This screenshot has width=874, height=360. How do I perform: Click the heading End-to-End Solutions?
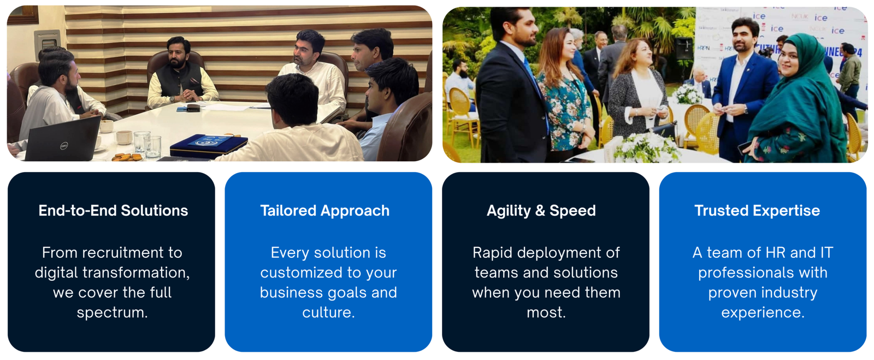click(x=113, y=211)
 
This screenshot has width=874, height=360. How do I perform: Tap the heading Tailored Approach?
click(x=325, y=211)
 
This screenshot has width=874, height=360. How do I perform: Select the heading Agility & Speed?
click(x=541, y=211)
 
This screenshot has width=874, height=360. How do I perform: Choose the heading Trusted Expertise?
click(x=757, y=211)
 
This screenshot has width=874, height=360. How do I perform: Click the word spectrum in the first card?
click(x=112, y=313)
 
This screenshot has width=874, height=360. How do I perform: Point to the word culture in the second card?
click(x=328, y=312)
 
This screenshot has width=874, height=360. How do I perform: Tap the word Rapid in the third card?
click(x=492, y=253)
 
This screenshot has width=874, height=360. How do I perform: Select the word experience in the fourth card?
click(x=763, y=313)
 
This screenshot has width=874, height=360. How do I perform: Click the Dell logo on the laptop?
click(x=64, y=146)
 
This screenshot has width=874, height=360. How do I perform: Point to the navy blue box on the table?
click(x=209, y=145)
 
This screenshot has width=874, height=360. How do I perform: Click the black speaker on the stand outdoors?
click(x=683, y=49)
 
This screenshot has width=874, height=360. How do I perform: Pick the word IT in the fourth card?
click(x=826, y=253)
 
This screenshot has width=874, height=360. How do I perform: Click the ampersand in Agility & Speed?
click(x=540, y=211)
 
